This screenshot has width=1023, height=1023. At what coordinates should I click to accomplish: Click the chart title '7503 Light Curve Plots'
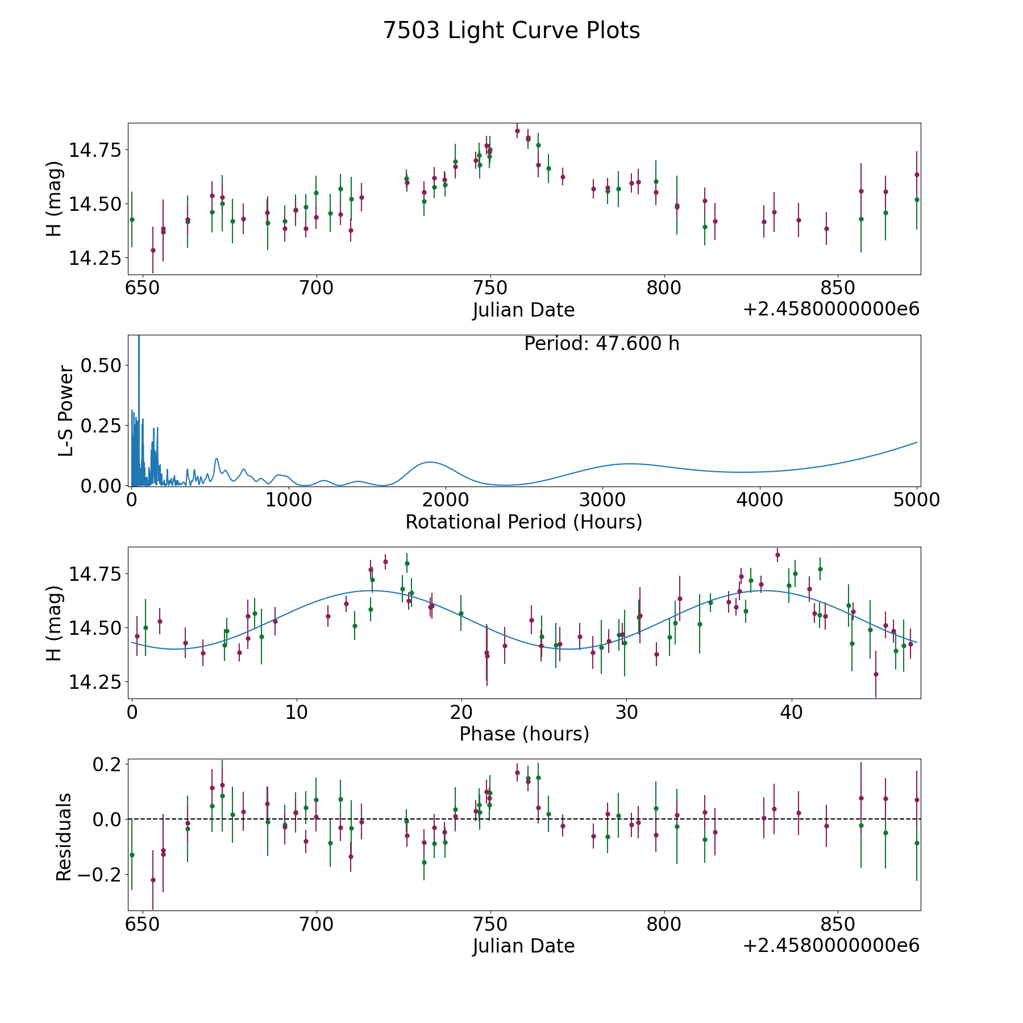(x=511, y=31)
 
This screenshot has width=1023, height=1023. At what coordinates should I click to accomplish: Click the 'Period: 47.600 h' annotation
(x=602, y=344)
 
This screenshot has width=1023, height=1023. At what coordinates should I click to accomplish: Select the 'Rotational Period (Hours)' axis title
(x=523, y=522)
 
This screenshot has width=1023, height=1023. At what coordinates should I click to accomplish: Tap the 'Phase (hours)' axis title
(x=524, y=734)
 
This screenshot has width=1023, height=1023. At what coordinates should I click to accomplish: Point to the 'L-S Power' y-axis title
(x=66, y=411)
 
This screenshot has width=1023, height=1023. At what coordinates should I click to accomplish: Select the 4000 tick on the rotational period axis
(x=760, y=500)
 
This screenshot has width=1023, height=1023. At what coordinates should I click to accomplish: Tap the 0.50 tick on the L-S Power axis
(x=101, y=365)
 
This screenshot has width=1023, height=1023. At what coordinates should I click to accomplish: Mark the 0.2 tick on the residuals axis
(x=106, y=764)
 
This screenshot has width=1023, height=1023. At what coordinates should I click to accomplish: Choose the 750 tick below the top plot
(x=490, y=288)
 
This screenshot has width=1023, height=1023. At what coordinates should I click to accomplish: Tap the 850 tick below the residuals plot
(x=838, y=925)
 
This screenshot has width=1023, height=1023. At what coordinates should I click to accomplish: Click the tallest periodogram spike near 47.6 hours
(x=139, y=339)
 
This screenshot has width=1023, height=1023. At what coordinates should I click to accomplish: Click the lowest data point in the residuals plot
(x=153, y=880)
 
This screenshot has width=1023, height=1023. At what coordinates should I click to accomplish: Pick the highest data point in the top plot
(x=517, y=131)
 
